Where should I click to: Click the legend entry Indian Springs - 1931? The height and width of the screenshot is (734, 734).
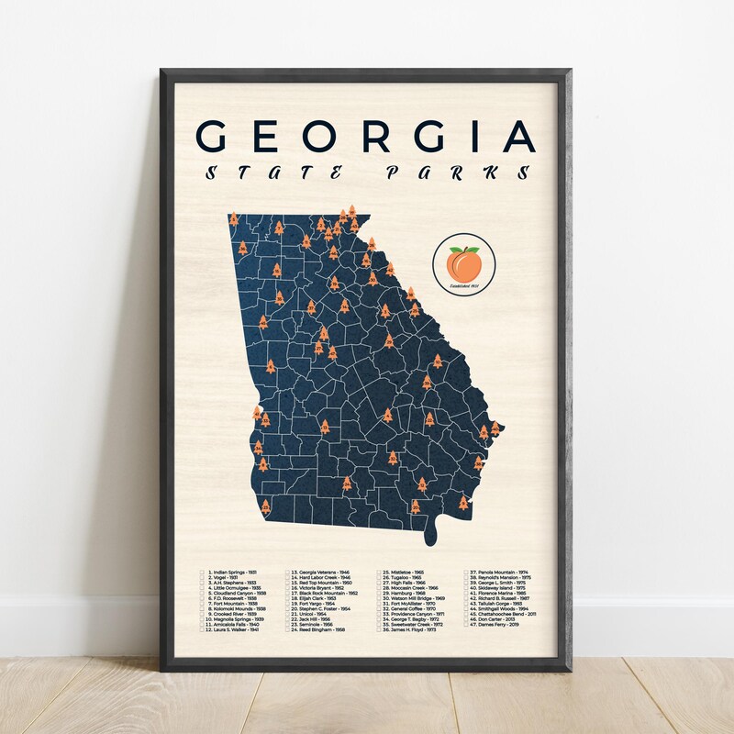[235, 571]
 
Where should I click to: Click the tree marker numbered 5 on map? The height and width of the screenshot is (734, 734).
[233, 220]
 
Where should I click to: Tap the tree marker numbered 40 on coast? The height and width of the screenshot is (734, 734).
[495, 428]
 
